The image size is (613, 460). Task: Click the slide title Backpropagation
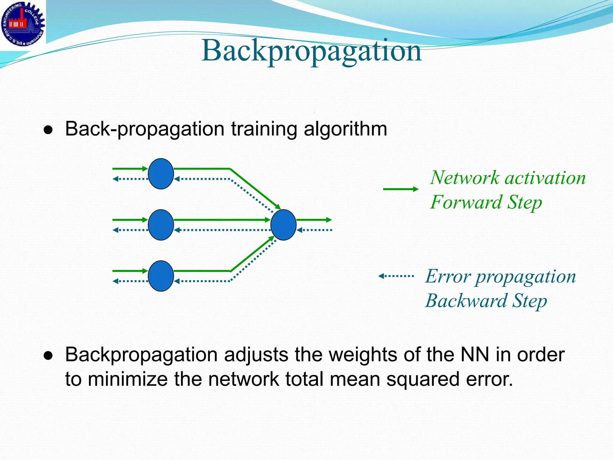coord(311,51)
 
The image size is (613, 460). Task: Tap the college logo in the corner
coord(22,23)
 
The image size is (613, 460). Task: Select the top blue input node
coord(161,174)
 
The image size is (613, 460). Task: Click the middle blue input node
coord(161,225)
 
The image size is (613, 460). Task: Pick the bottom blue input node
coord(161,276)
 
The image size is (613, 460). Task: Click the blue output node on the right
coord(283,225)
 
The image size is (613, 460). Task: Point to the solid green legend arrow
coord(400,189)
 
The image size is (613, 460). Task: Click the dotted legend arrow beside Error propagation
coord(396,276)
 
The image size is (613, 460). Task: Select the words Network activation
coord(508,178)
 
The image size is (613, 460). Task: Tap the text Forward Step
coord(486,202)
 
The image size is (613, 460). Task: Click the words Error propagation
coord(500,276)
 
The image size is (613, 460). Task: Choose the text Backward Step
coord(486,301)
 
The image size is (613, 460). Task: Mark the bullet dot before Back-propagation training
coord(48,130)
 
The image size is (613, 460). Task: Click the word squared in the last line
coord(423,379)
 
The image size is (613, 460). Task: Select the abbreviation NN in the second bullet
coord(475,355)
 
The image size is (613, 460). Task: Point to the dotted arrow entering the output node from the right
coord(314,230)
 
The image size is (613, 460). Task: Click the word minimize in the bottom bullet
coord(128,379)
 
